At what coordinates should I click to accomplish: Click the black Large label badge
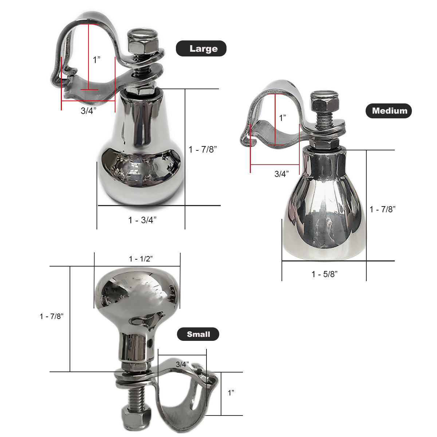pos(201,48)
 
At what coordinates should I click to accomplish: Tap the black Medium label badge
pos(389,111)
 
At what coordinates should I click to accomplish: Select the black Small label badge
pos(198,334)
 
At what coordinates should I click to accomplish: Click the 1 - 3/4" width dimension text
pos(142,220)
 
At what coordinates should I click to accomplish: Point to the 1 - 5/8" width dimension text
pos(324,274)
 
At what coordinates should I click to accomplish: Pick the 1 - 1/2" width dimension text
pos(141,259)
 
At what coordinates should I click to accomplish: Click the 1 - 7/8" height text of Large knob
pos(203,149)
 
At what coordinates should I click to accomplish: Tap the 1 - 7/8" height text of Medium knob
pos(382,209)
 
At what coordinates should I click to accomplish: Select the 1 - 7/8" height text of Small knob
pos(52,316)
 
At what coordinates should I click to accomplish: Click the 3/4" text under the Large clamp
pos(88,111)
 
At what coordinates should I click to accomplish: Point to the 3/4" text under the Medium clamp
pos(282,174)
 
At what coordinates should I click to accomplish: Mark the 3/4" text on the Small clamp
pos(182,364)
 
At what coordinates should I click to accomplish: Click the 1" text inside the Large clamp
pos(97,60)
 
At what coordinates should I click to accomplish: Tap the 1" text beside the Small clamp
pos(231,393)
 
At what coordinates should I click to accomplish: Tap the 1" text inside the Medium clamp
pos(283,118)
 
